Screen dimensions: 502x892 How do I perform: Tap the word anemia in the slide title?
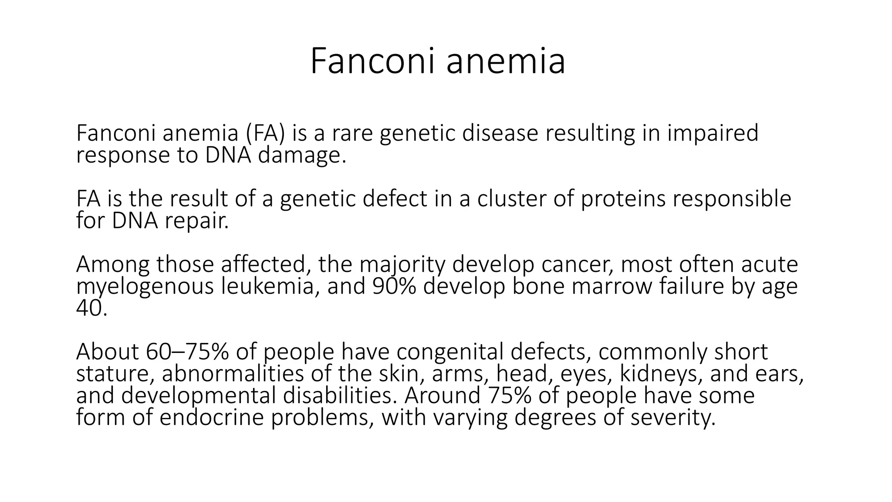[x=506, y=61]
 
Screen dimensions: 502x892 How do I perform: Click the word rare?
[x=352, y=133]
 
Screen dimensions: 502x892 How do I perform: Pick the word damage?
[x=302, y=156]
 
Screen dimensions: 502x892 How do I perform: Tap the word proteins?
[x=623, y=199]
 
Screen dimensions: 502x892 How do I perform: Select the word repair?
[x=196, y=221]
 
